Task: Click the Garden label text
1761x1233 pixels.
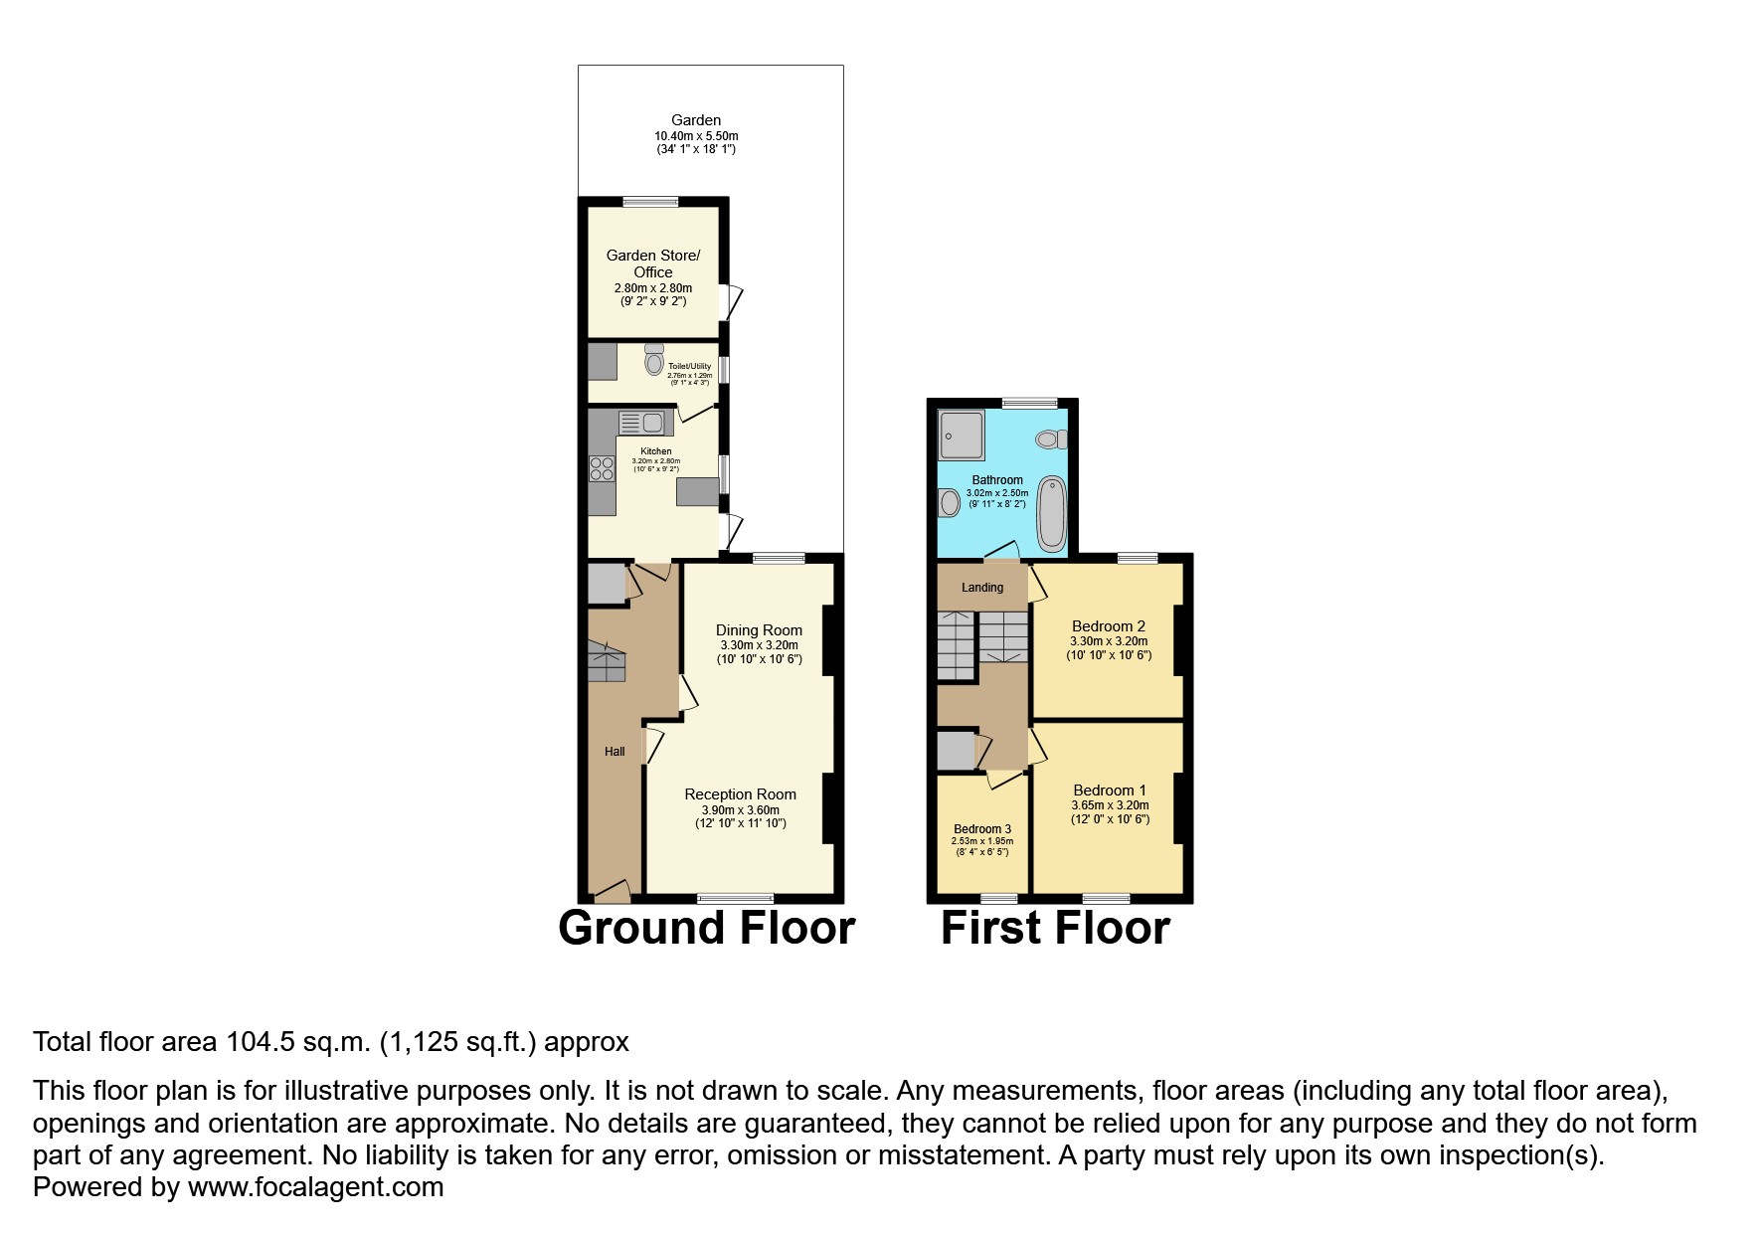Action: (x=696, y=120)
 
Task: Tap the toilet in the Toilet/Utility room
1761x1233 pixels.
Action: (x=653, y=362)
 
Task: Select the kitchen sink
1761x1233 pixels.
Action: (x=643, y=424)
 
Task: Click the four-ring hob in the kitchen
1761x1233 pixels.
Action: (x=602, y=468)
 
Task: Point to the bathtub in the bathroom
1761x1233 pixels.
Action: (x=1051, y=513)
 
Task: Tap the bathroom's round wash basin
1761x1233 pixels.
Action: (x=949, y=504)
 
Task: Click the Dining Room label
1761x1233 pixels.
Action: (x=759, y=630)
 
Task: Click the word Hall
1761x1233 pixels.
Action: (x=615, y=752)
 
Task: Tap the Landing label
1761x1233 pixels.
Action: (x=981, y=588)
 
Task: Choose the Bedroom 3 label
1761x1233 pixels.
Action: (x=982, y=829)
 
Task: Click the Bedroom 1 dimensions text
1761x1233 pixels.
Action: (x=1110, y=805)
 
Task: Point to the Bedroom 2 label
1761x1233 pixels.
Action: (x=1108, y=626)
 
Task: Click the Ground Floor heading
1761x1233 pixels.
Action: (x=706, y=928)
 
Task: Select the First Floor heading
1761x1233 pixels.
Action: (x=1055, y=928)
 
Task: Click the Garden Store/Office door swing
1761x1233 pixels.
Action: (x=735, y=302)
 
